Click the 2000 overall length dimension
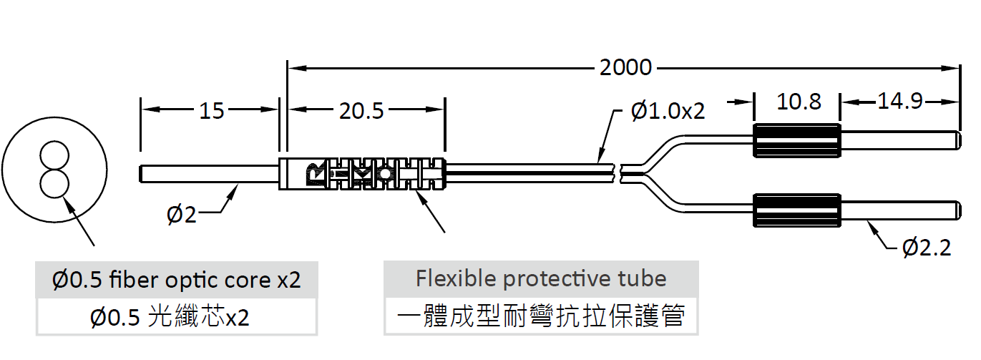[625, 68]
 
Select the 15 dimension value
[211, 110]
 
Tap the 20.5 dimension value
[362, 110]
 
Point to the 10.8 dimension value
[799, 102]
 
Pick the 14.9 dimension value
[900, 102]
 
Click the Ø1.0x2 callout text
[668, 111]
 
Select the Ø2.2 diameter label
[927, 248]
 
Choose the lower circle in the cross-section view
[54, 183]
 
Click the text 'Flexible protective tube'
[541, 278]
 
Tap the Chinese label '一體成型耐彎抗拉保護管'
[541, 316]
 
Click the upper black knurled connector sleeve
[797, 140]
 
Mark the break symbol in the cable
[620, 172]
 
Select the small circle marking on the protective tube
[385, 174]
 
